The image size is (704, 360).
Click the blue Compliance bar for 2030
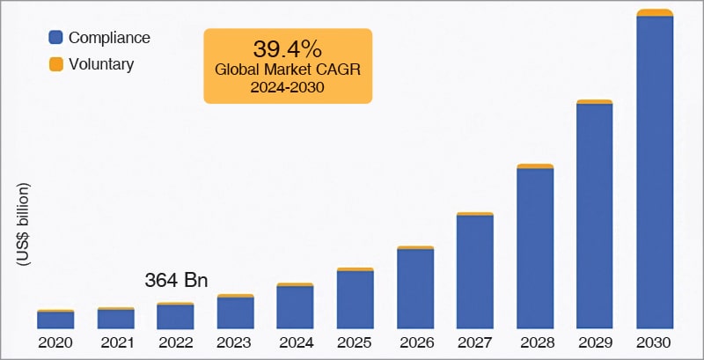[x=655, y=172]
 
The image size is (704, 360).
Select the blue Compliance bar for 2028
[x=535, y=247]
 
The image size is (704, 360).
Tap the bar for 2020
[x=55, y=320]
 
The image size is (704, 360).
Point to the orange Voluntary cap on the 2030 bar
[x=655, y=12]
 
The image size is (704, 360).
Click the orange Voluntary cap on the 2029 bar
[x=595, y=102]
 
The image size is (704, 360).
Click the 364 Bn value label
[x=176, y=282]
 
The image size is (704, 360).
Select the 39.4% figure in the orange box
[x=288, y=48]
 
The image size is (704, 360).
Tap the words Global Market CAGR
[x=288, y=70]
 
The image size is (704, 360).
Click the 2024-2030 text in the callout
[x=288, y=87]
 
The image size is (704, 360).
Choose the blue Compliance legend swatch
[x=55, y=38]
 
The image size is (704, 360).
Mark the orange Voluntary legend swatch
[x=55, y=64]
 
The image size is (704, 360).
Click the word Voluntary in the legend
[x=101, y=64]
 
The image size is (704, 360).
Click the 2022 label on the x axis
[x=175, y=342]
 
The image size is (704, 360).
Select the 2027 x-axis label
[x=475, y=342]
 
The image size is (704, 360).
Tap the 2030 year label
[x=655, y=342]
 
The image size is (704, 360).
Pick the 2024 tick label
[x=295, y=342]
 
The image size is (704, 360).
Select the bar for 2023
[x=235, y=312]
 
